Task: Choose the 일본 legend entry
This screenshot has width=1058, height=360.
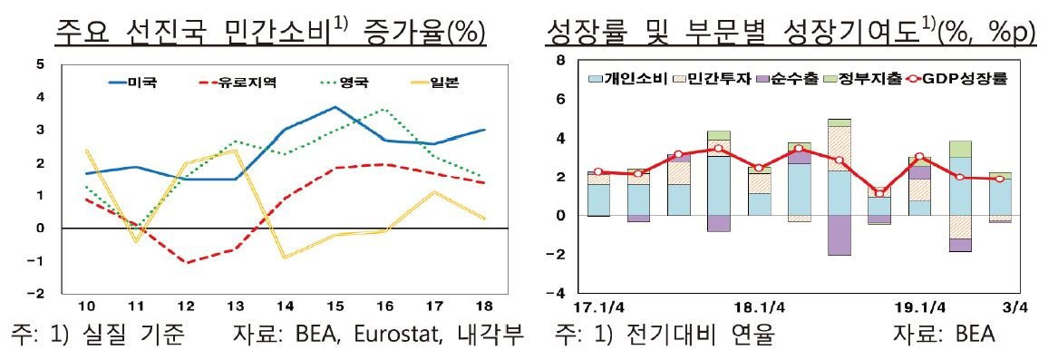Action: (x=432, y=83)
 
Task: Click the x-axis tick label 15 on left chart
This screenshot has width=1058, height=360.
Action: (x=335, y=306)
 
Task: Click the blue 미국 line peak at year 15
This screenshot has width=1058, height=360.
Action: (x=335, y=107)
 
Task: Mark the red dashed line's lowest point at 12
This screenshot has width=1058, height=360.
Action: (x=185, y=262)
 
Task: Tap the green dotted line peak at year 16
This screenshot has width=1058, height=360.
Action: (x=383, y=109)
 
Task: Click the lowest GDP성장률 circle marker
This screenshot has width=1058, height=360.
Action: (x=879, y=194)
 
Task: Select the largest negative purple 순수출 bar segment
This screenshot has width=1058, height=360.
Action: (x=839, y=235)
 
